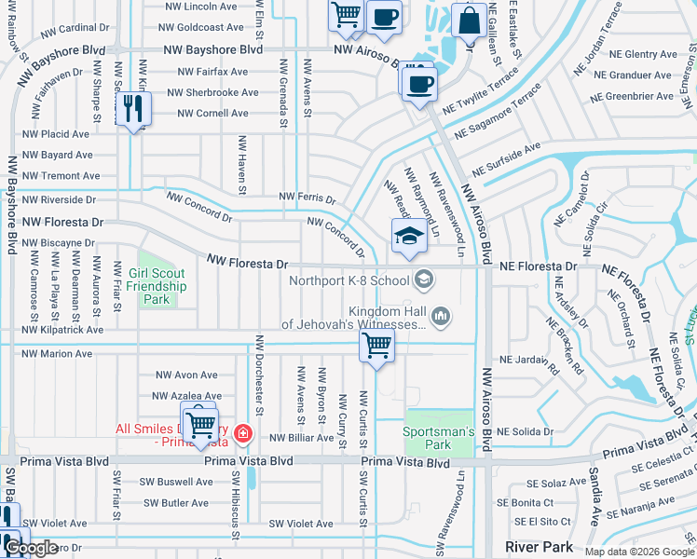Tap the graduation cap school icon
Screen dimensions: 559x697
pos(408,236)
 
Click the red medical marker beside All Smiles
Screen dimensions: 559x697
pos(242,432)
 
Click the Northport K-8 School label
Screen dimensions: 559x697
pos(349,280)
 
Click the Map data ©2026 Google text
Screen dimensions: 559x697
pos(639,552)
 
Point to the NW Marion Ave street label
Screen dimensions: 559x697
pos(58,354)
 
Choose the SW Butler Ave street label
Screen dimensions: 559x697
pos(175,503)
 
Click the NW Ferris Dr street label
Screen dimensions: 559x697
pos(307,198)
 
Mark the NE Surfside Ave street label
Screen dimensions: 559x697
pos(506,160)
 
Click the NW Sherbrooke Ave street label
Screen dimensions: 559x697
pos(212,93)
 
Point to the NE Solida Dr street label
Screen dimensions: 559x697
pos(526,432)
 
